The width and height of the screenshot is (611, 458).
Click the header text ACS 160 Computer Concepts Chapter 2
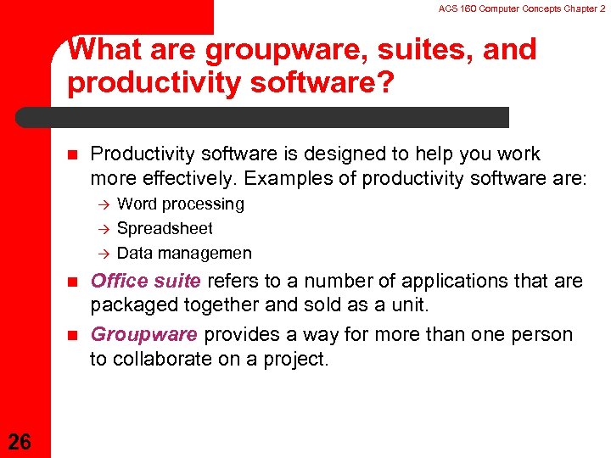coord(522,8)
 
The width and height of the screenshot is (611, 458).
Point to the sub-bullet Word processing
coord(180,204)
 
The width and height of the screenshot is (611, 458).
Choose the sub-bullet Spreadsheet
coord(165,228)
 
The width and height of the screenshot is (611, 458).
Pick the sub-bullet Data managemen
coord(184,253)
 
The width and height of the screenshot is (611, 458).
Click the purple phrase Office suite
coord(145,281)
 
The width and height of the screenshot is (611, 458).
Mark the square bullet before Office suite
coord(72,282)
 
